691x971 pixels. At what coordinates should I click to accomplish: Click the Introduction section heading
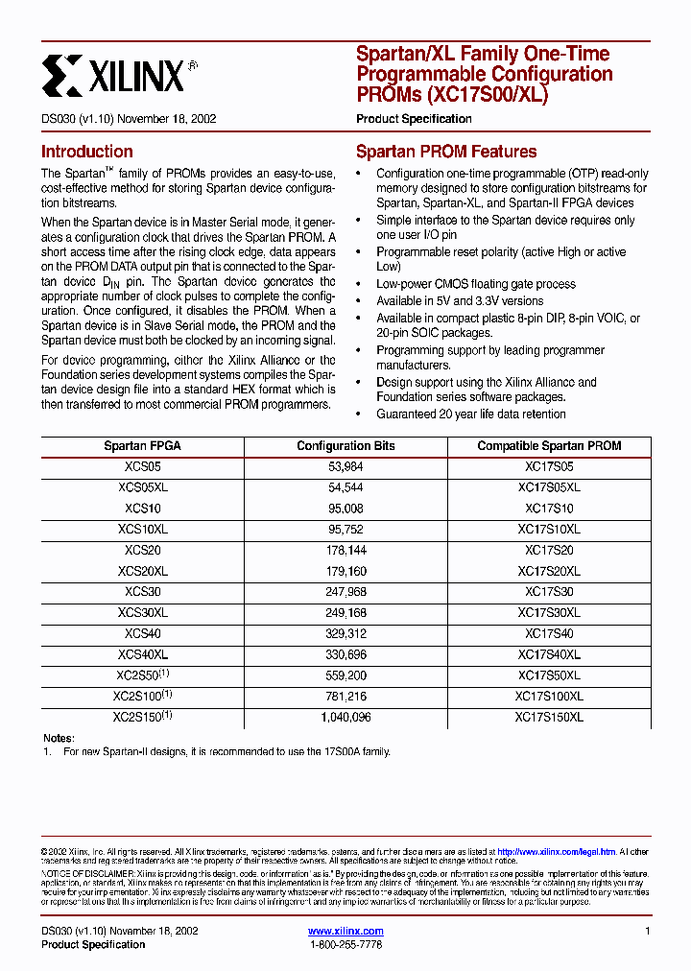click(x=86, y=152)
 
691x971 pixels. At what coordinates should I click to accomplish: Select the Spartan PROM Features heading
click(x=446, y=152)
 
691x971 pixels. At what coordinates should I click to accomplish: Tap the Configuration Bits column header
click(x=345, y=446)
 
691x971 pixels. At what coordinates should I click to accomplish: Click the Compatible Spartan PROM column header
click(x=549, y=446)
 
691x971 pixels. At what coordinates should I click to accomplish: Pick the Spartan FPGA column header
click(x=142, y=446)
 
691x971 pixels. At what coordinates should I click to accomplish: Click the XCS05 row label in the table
click(x=142, y=467)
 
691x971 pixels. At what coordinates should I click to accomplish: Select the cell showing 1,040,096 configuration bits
click(x=345, y=717)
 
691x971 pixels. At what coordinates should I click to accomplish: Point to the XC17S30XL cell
click(x=549, y=613)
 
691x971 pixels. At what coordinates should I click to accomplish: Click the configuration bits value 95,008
click(x=345, y=509)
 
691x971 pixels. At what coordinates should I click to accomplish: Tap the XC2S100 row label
click(x=142, y=696)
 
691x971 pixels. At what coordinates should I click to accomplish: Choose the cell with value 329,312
click(x=345, y=633)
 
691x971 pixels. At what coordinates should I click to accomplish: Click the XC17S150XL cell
click(x=549, y=717)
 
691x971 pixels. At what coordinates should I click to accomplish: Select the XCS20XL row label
click(x=142, y=571)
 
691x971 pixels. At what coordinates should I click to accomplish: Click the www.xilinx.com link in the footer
click(x=345, y=932)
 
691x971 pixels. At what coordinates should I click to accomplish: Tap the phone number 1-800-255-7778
click(x=345, y=945)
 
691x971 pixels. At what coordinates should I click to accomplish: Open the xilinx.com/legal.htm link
click(x=557, y=851)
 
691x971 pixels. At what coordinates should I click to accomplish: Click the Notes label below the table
click(x=59, y=737)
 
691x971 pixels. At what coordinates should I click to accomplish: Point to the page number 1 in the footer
click(x=648, y=932)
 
